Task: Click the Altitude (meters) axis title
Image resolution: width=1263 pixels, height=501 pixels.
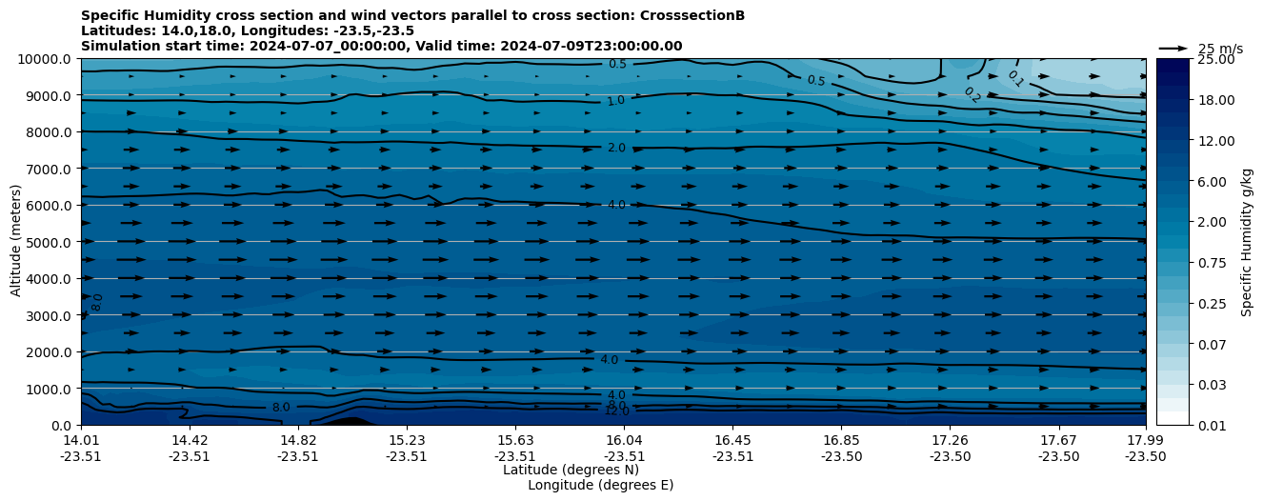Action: (16, 242)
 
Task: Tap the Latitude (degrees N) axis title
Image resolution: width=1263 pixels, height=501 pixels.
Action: (571, 470)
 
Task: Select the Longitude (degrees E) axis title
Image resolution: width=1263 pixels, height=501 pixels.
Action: (600, 485)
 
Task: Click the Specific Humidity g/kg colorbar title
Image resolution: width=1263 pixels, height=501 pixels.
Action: (1247, 242)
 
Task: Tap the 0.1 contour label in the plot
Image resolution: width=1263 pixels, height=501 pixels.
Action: (1015, 78)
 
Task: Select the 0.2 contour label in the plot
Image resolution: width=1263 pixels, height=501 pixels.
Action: (972, 94)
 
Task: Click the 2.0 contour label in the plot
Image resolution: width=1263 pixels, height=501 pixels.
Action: (616, 148)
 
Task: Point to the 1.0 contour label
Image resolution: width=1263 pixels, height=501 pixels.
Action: (615, 100)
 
